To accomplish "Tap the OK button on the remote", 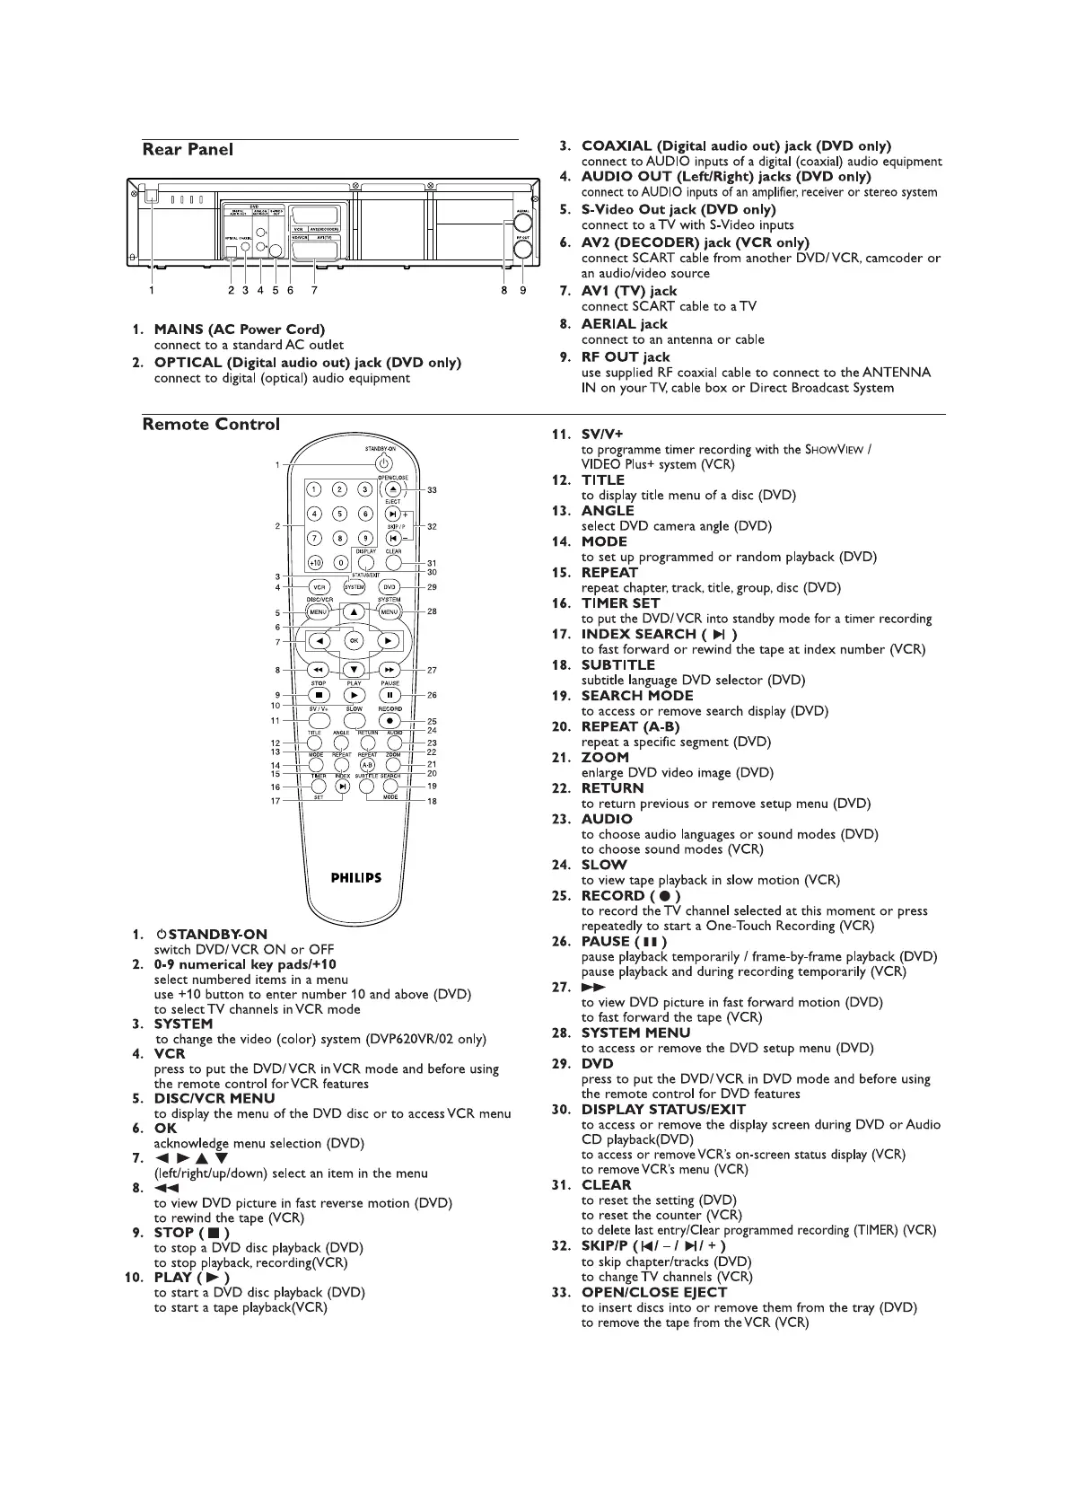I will pyautogui.click(x=354, y=640).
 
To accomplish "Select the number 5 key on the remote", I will pyautogui.click(x=340, y=514).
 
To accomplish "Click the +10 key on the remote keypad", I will pyautogui.click(x=315, y=562).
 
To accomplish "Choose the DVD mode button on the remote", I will pyautogui.click(x=390, y=587).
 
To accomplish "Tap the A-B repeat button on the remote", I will pyautogui.click(x=367, y=765).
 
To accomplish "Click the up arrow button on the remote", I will pyautogui.click(x=354, y=612).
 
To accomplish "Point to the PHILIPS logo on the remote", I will pyautogui.click(x=355, y=877).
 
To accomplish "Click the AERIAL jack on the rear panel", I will pyautogui.click(x=521, y=224).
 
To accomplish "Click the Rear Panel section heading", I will pyautogui.click(x=188, y=150).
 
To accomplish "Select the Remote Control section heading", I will pyautogui.click(x=211, y=424).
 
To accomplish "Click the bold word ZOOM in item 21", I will pyautogui.click(x=605, y=757).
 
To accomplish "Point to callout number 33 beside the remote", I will pyautogui.click(x=432, y=490).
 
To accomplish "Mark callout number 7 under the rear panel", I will pyautogui.click(x=314, y=290).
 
